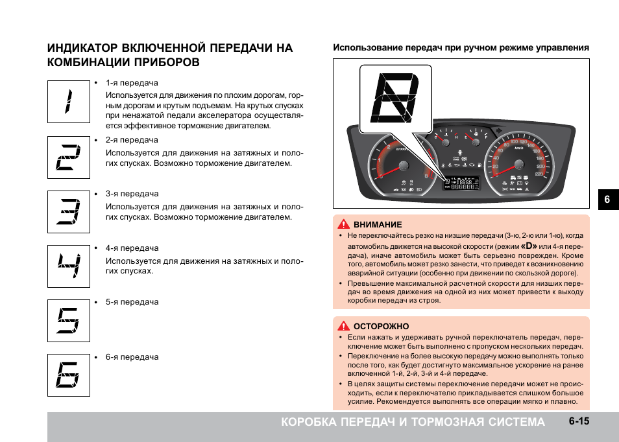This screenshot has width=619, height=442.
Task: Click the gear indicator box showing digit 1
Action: [68, 102]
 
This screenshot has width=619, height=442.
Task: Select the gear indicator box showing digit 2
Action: [68, 157]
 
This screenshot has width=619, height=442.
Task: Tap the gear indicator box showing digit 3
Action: [68, 211]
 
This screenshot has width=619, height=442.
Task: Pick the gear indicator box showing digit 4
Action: [68, 266]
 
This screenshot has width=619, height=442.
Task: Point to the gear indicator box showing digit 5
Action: [68, 320]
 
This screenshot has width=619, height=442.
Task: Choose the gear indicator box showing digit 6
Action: [68, 375]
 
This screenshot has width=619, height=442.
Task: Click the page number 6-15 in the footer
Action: [579, 421]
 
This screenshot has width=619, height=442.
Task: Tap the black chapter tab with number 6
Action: [607, 200]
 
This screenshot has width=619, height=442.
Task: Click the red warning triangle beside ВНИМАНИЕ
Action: [343, 224]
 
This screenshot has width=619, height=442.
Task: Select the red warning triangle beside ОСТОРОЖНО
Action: [343, 326]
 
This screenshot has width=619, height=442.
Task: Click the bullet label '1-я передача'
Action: [132, 84]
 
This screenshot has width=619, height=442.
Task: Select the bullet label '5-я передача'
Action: [132, 302]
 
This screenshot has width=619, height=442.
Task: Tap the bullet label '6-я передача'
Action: [132, 357]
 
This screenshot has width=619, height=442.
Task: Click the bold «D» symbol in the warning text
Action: [529, 246]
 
